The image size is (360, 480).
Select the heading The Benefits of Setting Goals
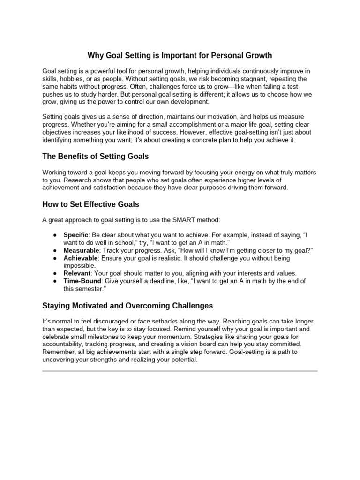96,156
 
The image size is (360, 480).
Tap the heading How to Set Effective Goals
90,204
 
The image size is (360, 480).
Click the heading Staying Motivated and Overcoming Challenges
127,306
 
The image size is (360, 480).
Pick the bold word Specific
75,235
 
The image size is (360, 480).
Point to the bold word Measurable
81,250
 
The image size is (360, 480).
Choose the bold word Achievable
81,258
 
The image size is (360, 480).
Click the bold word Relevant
77,273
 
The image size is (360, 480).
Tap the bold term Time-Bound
82,281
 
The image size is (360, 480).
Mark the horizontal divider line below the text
180,371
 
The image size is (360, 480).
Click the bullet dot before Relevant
55,273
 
